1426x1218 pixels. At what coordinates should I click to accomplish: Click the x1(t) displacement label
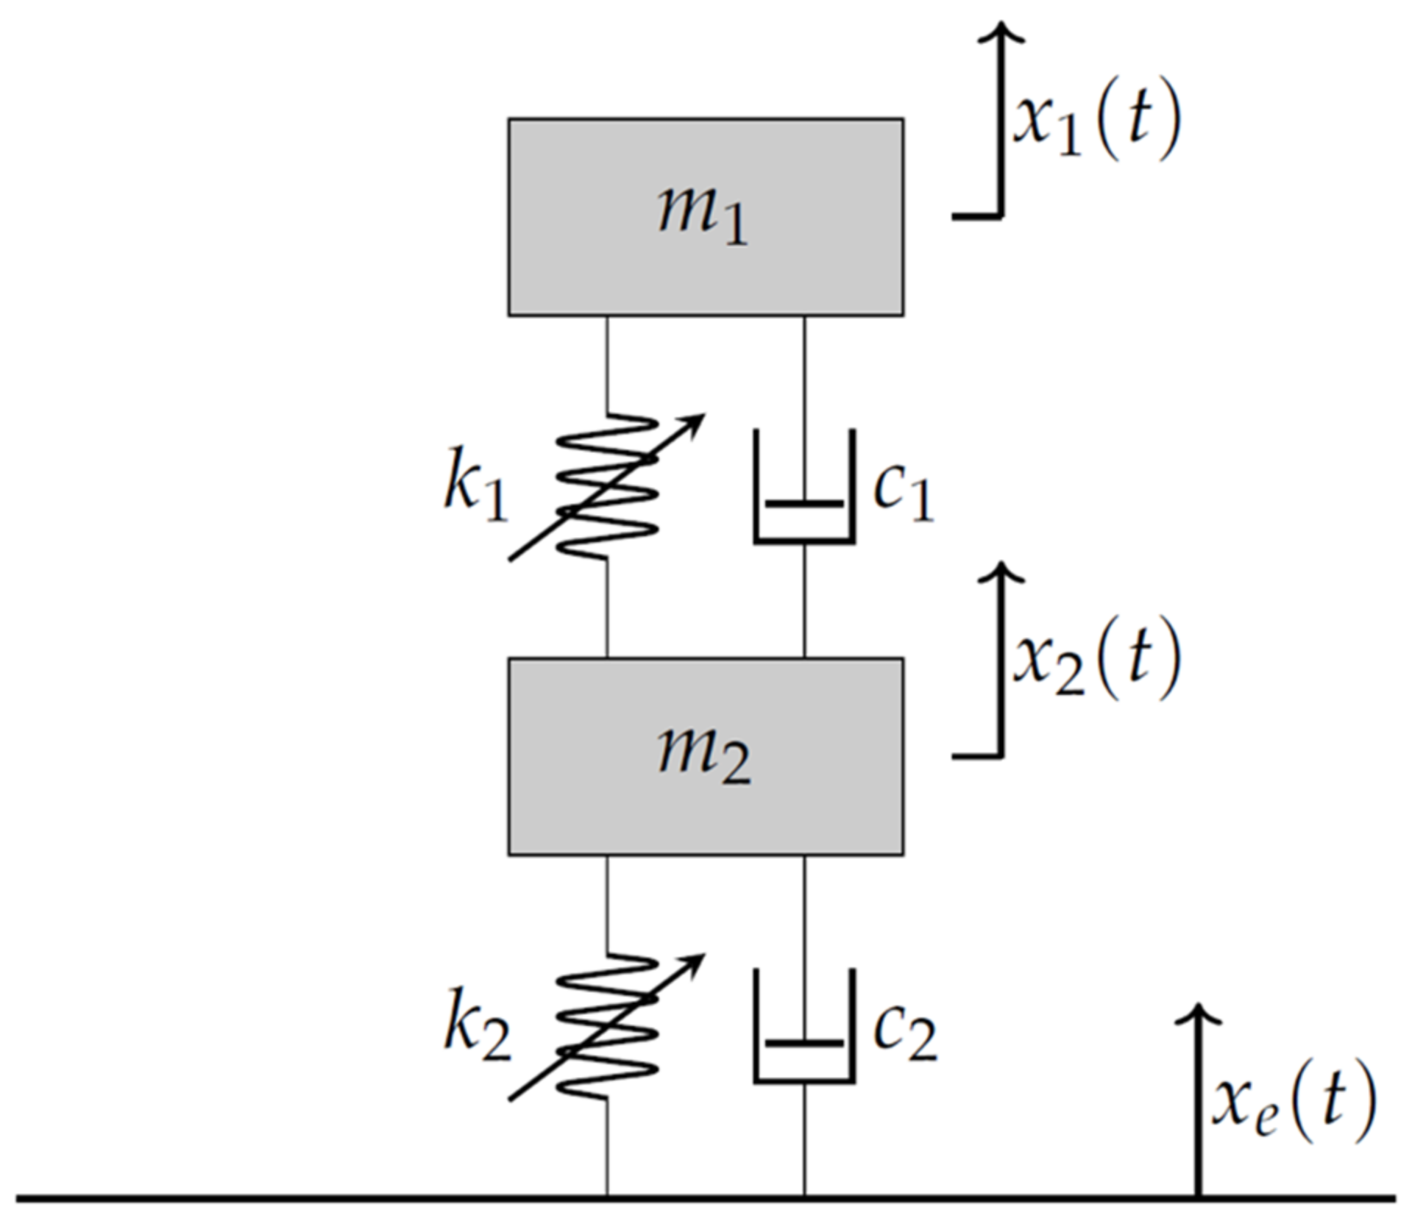[1096, 121]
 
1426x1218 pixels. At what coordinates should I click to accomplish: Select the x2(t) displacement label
[1096, 660]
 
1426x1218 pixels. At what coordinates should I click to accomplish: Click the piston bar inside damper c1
[804, 504]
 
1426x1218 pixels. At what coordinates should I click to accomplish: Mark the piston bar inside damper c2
[804, 1043]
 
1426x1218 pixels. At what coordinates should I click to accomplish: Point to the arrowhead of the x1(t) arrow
[1001, 32]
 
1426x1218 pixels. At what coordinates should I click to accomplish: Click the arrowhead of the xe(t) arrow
[1197, 1014]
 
